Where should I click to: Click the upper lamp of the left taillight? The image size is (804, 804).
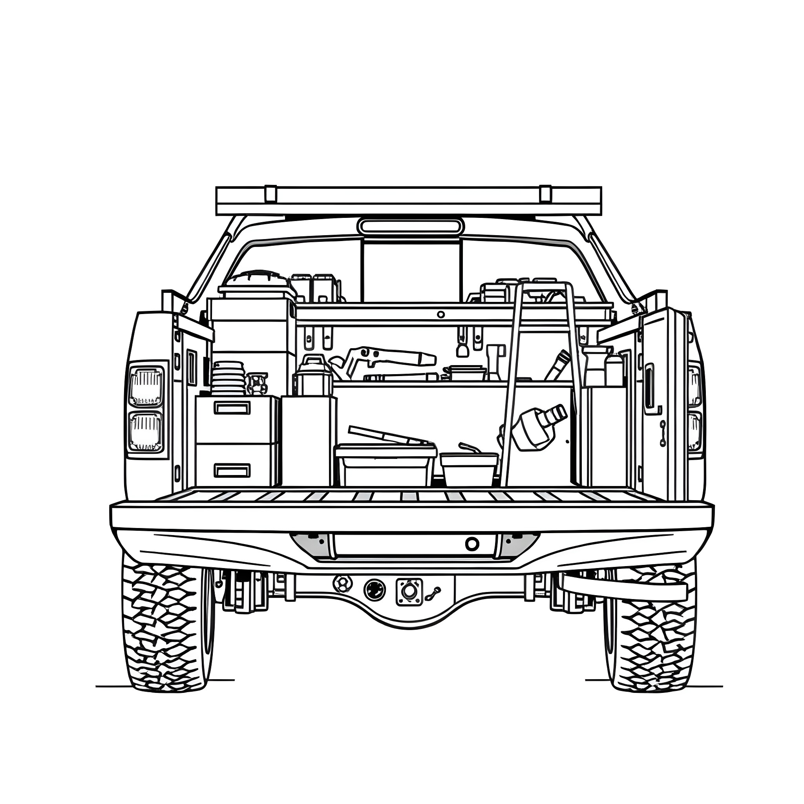point(146,386)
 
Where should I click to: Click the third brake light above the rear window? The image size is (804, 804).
point(410,227)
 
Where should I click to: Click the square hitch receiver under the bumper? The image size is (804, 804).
point(409,590)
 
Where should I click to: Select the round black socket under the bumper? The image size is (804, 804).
point(375,590)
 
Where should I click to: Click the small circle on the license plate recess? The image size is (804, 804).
point(472,543)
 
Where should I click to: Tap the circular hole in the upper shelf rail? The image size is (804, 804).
point(441,314)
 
